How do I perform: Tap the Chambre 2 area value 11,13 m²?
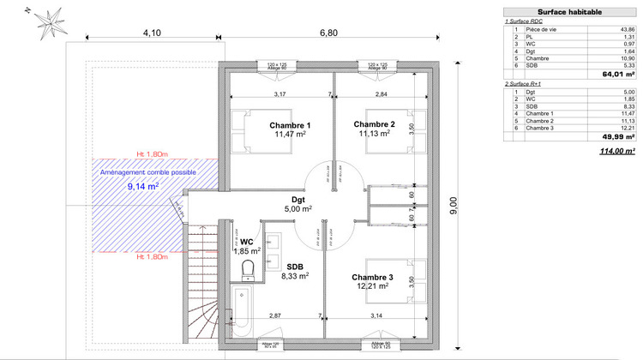coord(373,134)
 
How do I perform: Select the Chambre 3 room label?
coord(373,277)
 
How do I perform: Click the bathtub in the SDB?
coord(242,313)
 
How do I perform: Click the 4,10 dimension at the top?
coord(152,33)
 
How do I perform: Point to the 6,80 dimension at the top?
coord(329,33)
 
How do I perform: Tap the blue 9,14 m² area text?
coord(143,185)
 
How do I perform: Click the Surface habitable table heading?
coord(569,12)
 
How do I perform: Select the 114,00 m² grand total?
coord(616,151)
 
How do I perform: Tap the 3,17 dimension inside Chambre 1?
coord(279,93)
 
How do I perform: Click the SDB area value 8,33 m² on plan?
coord(295,276)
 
